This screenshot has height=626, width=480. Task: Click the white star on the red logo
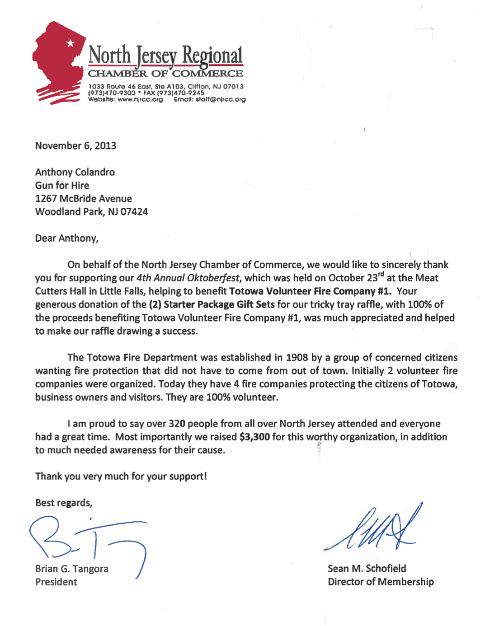(70, 43)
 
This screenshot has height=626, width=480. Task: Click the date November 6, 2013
(75, 146)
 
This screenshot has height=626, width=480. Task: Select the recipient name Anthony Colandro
(75, 172)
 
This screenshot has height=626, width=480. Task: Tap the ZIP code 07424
(134, 212)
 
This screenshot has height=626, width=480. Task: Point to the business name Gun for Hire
(62, 185)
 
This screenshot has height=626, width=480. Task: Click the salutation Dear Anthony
(66, 238)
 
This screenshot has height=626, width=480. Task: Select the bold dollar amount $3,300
(254, 437)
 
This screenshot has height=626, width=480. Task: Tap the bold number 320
(177, 424)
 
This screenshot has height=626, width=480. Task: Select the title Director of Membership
(381, 582)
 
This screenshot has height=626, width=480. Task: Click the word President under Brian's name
(56, 582)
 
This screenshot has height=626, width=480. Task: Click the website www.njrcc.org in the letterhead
(140, 99)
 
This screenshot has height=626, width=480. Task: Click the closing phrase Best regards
(64, 503)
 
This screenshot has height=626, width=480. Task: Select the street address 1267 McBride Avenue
(84, 199)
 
